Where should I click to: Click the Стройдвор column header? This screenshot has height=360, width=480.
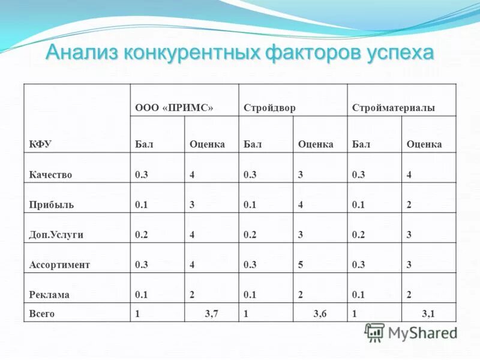click(x=269, y=109)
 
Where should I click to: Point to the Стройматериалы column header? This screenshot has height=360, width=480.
click(x=393, y=109)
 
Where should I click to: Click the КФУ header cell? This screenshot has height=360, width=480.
click(x=40, y=145)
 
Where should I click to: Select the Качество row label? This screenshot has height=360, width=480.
click(x=50, y=175)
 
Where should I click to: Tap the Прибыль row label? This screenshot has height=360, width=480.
click(x=51, y=205)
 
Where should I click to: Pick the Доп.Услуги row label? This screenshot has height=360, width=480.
click(x=56, y=235)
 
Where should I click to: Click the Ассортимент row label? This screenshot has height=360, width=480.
click(x=59, y=265)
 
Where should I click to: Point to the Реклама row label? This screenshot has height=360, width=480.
click(x=49, y=295)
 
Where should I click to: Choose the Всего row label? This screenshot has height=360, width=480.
click(x=41, y=313)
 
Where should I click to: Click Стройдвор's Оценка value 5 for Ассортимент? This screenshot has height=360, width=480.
click(x=301, y=265)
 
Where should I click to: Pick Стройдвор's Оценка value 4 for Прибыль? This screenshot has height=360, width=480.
click(x=301, y=205)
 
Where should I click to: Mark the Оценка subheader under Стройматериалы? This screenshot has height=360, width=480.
click(x=424, y=145)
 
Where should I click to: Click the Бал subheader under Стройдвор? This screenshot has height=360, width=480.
click(x=253, y=145)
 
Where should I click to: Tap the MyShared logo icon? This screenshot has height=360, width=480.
click(x=375, y=332)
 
